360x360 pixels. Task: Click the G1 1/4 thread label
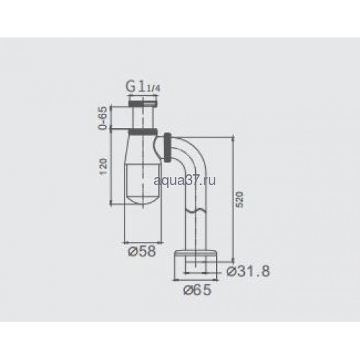(x=143, y=87)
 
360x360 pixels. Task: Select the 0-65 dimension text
(x=103, y=118)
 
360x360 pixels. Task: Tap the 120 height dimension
(x=103, y=166)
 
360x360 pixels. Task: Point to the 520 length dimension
(x=240, y=199)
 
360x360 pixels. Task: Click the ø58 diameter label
(x=142, y=251)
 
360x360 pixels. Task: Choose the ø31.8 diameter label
(x=248, y=271)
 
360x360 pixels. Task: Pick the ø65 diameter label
(x=197, y=290)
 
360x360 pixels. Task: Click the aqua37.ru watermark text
(x=184, y=181)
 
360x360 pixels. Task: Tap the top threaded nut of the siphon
(x=143, y=104)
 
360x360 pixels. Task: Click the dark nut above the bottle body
(x=143, y=132)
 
